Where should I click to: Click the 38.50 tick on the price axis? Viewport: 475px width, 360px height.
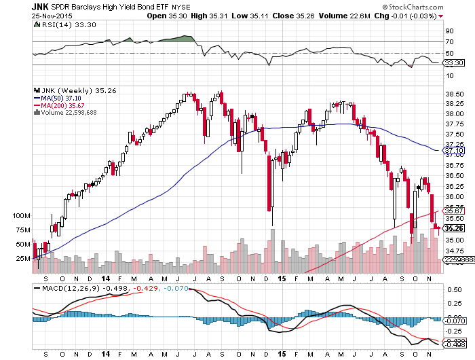[455, 94]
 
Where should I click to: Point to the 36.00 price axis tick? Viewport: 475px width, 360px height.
[455, 196]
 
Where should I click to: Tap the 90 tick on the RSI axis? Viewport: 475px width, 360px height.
[449, 31]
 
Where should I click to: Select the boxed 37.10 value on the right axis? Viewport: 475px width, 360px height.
[454, 151]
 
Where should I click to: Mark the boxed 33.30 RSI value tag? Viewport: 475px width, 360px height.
[454, 63]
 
